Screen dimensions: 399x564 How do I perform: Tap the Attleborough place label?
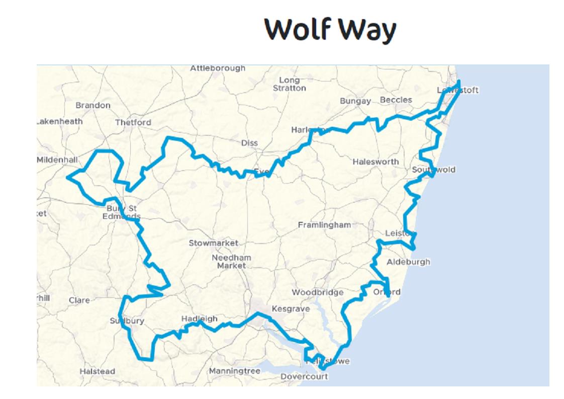pyautogui.click(x=218, y=68)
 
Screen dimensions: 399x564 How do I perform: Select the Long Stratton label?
pyautogui.click(x=289, y=84)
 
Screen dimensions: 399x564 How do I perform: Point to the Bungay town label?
pyautogui.click(x=355, y=101)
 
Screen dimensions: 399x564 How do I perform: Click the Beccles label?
pyautogui.click(x=396, y=100)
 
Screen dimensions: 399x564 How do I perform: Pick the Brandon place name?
pyautogui.click(x=93, y=105)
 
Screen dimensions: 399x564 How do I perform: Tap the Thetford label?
pyautogui.click(x=133, y=122)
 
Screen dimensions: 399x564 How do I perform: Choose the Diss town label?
pyautogui.click(x=249, y=143)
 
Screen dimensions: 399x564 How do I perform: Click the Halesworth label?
pyautogui.click(x=375, y=162)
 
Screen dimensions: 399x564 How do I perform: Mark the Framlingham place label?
pyautogui.click(x=324, y=225)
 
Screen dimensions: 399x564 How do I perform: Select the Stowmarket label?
pyautogui.click(x=213, y=244)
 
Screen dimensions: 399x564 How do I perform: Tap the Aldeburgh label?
pyautogui.click(x=408, y=262)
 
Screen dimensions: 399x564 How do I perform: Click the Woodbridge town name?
pyautogui.click(x=318, y=292)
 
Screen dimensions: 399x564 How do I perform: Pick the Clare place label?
pyautogui.click(x=79, y=300)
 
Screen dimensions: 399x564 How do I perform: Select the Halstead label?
pyautogui.click(x=97, y=371)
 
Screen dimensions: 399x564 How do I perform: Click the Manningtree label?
pyautogui.click(x=235, y=371)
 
